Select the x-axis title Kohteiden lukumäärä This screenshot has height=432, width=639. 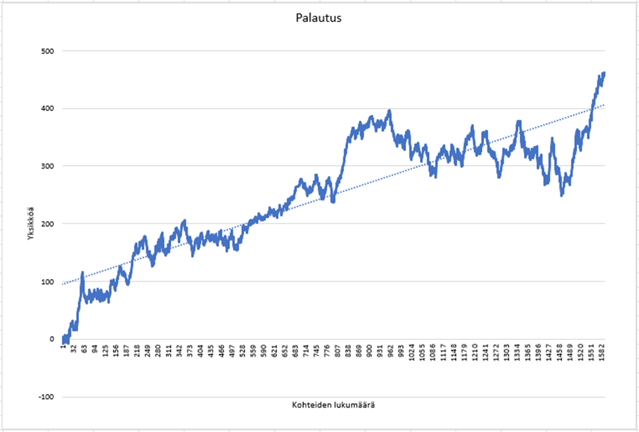pyautogui.click(x=333, y=406)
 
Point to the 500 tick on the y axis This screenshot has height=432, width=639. pyautogui.click(x=48, y=51)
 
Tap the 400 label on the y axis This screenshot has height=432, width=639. pyautogui.click(x=48, y=109)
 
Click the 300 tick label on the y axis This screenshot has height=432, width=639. pyautogui.click(x=48, y=166)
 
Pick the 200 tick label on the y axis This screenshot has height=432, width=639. pyautogui.click(x=48, y=224)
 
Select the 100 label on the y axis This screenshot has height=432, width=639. pyautogui.click(x=48, y=282)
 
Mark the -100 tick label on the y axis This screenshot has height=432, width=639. pyautogui.click(x=46, y=397)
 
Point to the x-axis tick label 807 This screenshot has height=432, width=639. pyautogui.click(x=338, y=350)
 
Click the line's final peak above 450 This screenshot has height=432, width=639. pyautogui.click(x=604, y=73)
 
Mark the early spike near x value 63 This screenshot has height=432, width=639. pyautogui.click(x=82, y=273)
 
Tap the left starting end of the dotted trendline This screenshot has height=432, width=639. pyautogui.click(x=63, y=284)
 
